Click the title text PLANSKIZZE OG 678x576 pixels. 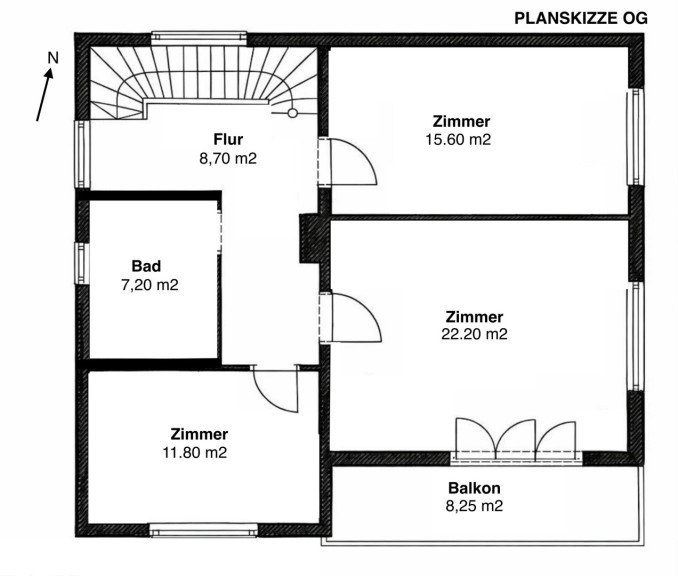tap(581, 18)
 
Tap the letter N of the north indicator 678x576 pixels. tap(53, 58)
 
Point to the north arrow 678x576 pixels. tap(45, 95)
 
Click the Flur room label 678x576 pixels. tap(228, 139)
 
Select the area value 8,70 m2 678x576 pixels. tap(228, 158)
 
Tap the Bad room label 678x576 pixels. tap(146, 266)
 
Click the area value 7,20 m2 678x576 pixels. tap(150, 285)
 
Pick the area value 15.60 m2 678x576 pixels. tap(458, 140)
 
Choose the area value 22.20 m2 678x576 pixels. tap(474, 334)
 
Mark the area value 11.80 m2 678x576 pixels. tap(195, 452)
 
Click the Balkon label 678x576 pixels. tap(474, 488)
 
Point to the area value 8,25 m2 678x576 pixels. tap(474, 506)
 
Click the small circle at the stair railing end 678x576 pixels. tap(293, 113)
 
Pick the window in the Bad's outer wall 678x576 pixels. tap(82, 263)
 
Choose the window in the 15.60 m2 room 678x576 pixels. tap(635, 137)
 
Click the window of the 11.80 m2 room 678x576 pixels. tap(203, 530)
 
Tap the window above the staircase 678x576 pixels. tap(199, 38)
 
